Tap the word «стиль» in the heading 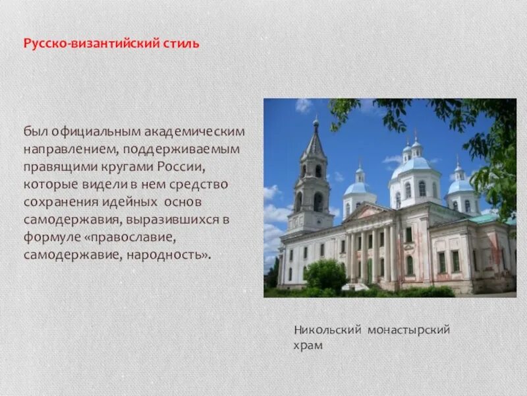tap(182, 44)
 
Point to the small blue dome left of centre tap(358, 188)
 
